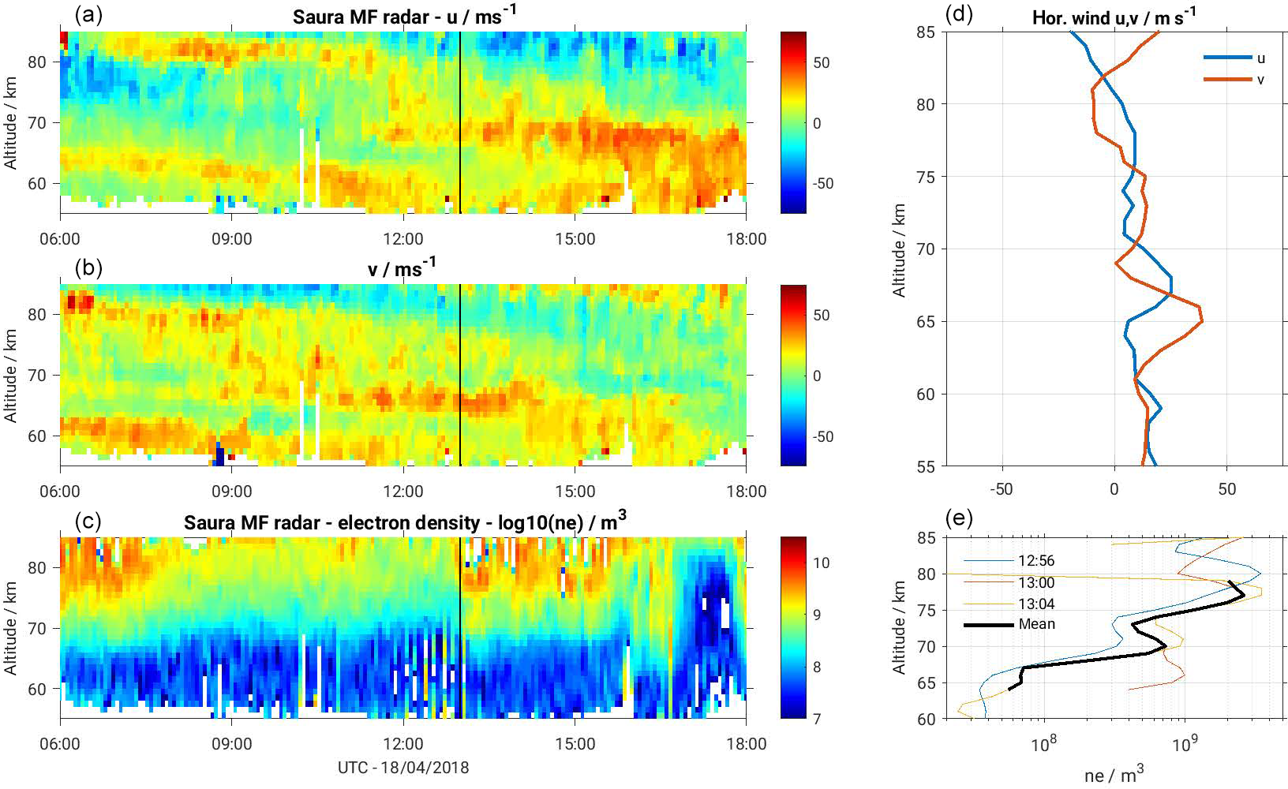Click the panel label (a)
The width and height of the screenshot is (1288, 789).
(88, 14)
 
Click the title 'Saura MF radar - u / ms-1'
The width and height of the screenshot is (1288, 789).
(404, 16)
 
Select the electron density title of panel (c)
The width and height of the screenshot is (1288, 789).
(404, 522)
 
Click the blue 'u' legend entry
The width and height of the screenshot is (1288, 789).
(1260, 58)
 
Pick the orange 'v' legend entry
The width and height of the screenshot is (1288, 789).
(1260, 80)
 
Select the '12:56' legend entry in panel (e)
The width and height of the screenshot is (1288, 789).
(1036, 561)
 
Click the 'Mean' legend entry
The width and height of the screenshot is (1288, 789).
(1036, 624)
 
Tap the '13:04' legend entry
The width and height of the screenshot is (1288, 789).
(1036, 604)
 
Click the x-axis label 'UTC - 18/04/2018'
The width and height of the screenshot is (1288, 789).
(403, 768)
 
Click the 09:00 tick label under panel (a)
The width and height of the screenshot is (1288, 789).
(231, 239)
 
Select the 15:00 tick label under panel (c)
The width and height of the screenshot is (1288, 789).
(575, 744)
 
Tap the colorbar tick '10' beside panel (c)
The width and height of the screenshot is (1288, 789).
(821, 563)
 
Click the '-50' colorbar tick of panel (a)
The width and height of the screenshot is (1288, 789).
(823, 183)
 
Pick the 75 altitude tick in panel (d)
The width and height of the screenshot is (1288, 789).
(926, 177)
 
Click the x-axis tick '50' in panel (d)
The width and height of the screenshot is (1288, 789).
(1226, 489)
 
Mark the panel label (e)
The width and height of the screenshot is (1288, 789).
(958, 518)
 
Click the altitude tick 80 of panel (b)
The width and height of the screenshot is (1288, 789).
(38, 314)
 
